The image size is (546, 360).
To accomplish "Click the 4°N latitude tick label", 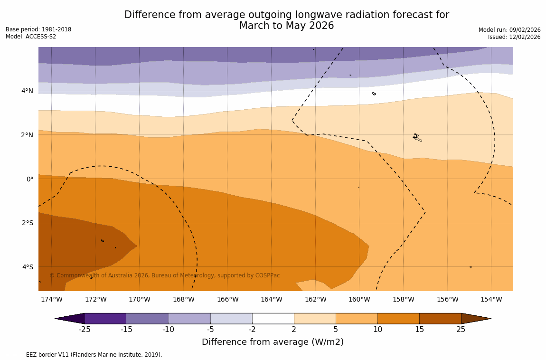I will pos(27,91).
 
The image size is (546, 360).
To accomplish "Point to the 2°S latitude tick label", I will pos(27,223).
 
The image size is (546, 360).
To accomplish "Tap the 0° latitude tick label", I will pos(29,179).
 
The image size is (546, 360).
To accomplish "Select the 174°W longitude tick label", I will pos(51,299).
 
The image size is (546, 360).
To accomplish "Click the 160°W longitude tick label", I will pos(359,299).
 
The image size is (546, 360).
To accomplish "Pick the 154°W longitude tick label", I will pos(491,299).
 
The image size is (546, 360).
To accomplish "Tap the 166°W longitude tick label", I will pos(227,299).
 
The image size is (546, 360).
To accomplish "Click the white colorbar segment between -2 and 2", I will pos(273,318).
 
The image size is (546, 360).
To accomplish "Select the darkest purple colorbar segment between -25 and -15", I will pos(105,318).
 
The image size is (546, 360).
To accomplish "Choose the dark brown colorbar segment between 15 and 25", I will pos(440,318).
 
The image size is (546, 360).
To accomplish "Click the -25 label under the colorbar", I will pos(85,330).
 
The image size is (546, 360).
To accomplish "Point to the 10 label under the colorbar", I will pos(377,330).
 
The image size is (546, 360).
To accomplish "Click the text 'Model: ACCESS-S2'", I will pos(31,37).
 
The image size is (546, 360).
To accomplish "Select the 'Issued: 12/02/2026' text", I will pos(514,37).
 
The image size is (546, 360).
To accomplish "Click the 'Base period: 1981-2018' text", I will pos(38,29).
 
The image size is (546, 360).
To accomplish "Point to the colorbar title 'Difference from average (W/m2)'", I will pos(273,342).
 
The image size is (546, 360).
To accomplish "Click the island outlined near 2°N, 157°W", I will pos(417,137).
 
